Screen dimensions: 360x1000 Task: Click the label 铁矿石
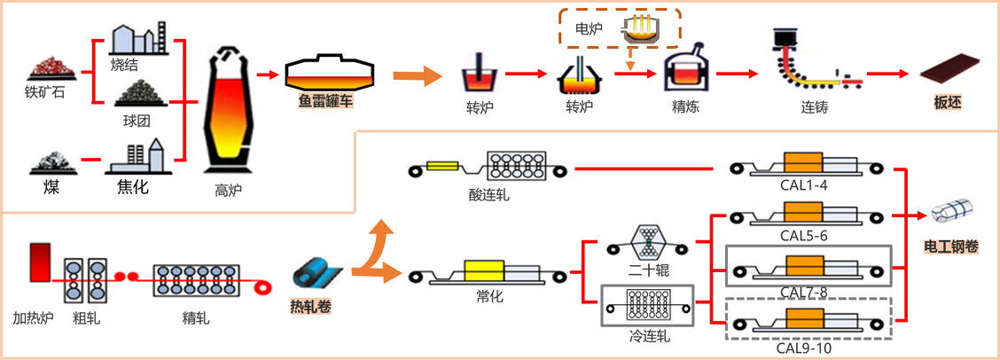44,90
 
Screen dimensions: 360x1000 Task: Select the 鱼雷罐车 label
326,102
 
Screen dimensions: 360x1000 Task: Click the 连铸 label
801,107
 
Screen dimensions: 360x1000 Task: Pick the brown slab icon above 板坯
948,74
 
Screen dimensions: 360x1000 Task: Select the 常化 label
489,296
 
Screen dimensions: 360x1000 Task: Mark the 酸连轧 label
489,194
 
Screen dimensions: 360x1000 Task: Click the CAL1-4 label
804,187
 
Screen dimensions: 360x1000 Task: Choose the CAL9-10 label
803,347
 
